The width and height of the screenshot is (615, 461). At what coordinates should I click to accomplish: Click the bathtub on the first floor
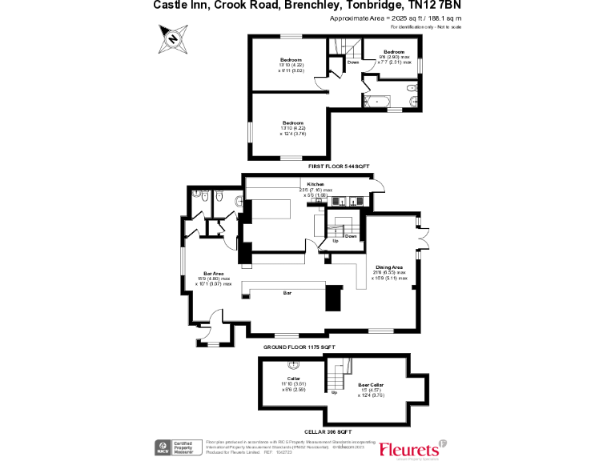coord(376,102)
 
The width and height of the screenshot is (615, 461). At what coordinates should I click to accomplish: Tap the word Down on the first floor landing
coord(353,62)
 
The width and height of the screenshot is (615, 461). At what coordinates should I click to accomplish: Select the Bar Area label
coord(212,274)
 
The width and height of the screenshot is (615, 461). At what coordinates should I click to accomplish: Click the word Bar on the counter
coord(287,293)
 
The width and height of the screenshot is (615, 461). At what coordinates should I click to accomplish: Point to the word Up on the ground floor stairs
coord(324,241)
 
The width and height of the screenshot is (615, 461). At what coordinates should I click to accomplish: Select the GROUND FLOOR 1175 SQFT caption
coord(299,347)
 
